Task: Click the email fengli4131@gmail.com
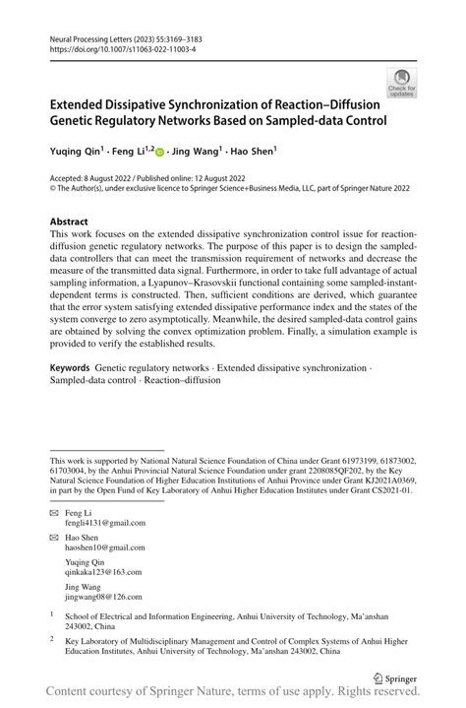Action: click(98, 524)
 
